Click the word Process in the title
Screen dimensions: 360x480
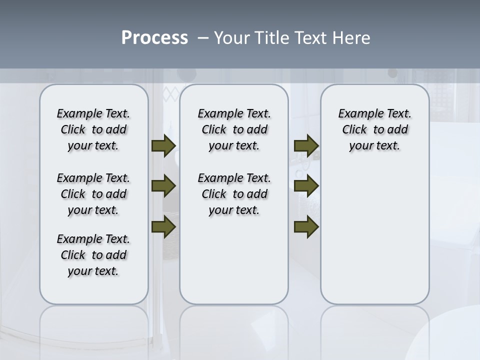click(x=154, y=38)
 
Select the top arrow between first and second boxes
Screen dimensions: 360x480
click(x=163, y=145)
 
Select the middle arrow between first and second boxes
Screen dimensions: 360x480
click(x=163, y=186)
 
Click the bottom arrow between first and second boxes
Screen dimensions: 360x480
click(x=163, y=226)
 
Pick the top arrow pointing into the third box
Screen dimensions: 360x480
click(x=306, y=145)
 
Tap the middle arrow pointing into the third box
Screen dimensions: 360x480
click(x=306, y=186)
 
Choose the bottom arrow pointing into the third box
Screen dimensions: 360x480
click(x=306, y=226)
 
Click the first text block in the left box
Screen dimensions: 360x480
click(x=93, y=129)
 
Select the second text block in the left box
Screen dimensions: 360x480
click(x=93, y=194)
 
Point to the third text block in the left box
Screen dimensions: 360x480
click(x=93, y=255)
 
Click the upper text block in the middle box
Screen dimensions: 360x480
click(x=234, y=129)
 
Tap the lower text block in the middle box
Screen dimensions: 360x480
click(x=234, y=194)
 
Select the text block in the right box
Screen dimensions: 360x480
click(x=374, y=129)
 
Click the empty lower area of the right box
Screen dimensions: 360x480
click(x=374, y=240)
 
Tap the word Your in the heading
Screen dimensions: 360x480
click(x=229, y=38)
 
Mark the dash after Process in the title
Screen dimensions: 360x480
click(x=203, y=38)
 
